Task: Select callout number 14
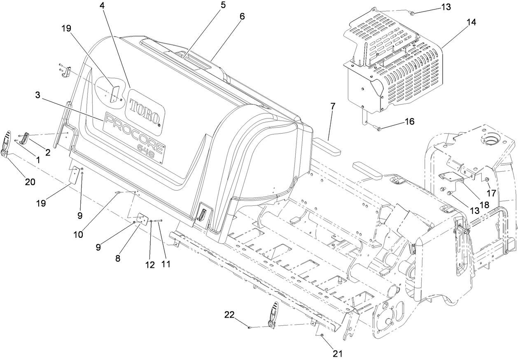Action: pyautogui.click(x=471, y=23)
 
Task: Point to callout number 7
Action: pyautogui.click(x=332, y=106)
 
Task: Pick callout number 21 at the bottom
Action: pyautogui.click(x=338, y=353)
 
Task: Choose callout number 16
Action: pyautogui.click(x=409, y=121)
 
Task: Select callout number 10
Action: pyautogui.click(x=78, y=235)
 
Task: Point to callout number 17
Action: pyautogui.click(x=491, y=193)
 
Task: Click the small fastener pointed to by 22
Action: pyautogui.click(x=250, y=327)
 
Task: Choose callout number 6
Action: pyautogui.click(x=242, y=16)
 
